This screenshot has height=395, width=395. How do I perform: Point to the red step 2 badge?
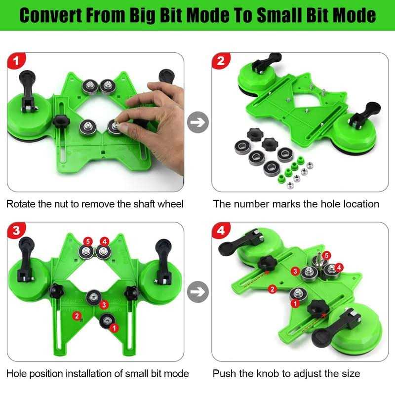(221, 62)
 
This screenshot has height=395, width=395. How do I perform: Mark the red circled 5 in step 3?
(87, 241)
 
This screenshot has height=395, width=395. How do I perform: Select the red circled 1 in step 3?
(114, 327)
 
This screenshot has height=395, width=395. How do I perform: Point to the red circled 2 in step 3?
(76, 316)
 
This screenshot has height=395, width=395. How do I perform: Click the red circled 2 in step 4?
(272, 289)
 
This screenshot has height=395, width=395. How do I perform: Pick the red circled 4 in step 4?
(340, 267)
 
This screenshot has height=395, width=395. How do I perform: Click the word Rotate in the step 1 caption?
(21, 204)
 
